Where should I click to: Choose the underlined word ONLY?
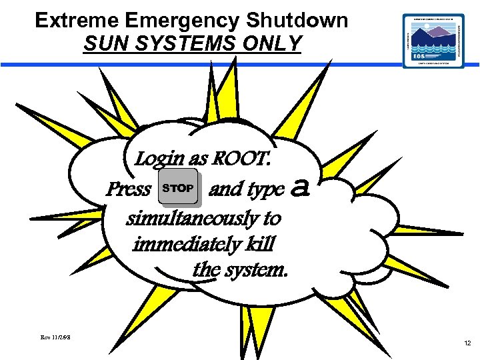[274, 44]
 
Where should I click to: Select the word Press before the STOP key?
[128, 190]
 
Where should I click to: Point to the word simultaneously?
[204, 218]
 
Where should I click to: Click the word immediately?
[184, 244]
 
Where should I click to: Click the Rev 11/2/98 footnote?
[56, 339]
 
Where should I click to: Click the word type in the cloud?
[265, 191]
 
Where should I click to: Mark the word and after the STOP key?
[225, 190]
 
